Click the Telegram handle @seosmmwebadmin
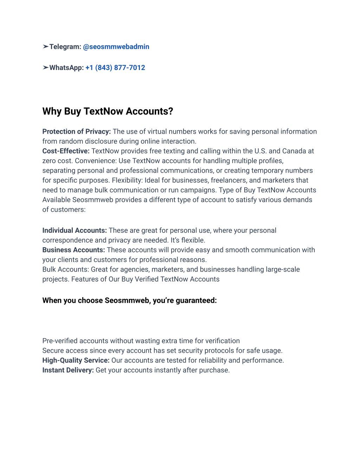click(116, 47)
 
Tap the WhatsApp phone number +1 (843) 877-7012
click(115, 68)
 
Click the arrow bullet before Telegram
click(45, 46)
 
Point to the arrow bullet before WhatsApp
click(45, 68)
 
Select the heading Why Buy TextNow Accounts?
click(108, 111)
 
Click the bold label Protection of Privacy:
click(76, 132)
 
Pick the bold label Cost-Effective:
click(66, 151)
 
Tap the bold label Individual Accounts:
click(75, 230)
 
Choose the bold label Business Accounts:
click(73, 250)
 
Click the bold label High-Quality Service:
click(76, 360)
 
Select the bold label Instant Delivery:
click(68, 370)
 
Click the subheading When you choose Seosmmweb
click(129, 300)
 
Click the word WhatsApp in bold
click(66, 68)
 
